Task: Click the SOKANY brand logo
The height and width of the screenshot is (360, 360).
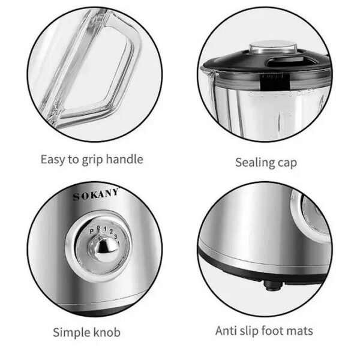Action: [95, 194]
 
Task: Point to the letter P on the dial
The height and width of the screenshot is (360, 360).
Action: [92, 232]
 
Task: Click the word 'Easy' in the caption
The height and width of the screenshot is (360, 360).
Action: [53, 160]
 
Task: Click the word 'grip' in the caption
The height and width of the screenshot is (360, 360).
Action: [92, 160]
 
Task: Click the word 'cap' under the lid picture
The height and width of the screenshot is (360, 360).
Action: [287, 163]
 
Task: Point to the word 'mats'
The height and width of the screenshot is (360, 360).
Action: [299, 331]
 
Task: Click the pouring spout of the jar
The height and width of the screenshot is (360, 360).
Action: [208, 71]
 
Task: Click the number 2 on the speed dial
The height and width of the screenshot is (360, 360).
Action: [111, 232]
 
